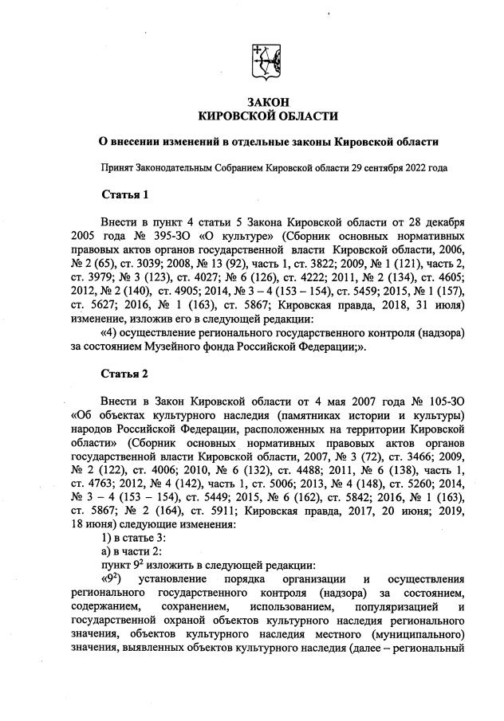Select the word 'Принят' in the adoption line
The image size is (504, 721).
(x=116, y=168)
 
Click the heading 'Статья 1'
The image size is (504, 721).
(x=125, y=195)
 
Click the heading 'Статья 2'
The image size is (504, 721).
(x=125, y=374)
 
